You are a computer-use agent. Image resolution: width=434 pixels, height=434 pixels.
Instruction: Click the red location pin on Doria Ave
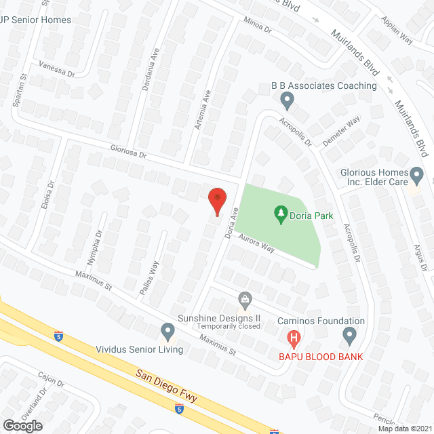(x=216, y=200)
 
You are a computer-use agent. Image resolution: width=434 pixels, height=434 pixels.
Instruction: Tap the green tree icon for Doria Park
(x=281, y=215)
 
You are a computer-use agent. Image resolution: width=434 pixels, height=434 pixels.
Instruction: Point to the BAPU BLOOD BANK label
(x=321, y=357)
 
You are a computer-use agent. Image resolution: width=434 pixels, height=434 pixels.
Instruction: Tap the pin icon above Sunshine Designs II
(x=245, y=298)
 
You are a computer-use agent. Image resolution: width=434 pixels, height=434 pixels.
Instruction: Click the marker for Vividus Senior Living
(x=167, y=332)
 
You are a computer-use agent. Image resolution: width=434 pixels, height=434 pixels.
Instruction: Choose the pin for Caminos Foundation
(x=349, y=334)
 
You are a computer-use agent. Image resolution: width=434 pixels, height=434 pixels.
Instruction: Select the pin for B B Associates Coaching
(x=287, y=101)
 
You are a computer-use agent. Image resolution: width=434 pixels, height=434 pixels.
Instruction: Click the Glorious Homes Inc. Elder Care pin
(x=417, y=176)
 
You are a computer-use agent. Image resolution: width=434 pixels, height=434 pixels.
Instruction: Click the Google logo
(x=22, y=425)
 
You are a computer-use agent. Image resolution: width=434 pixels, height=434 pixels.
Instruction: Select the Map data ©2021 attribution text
(x=404, y=429)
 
